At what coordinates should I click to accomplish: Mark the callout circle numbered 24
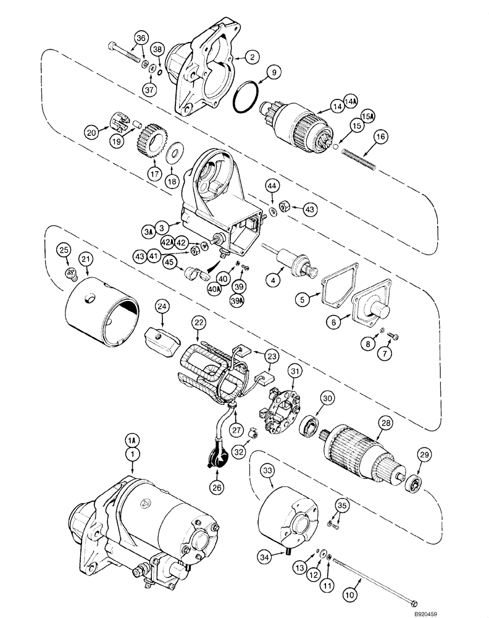click(x=161, y=306)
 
